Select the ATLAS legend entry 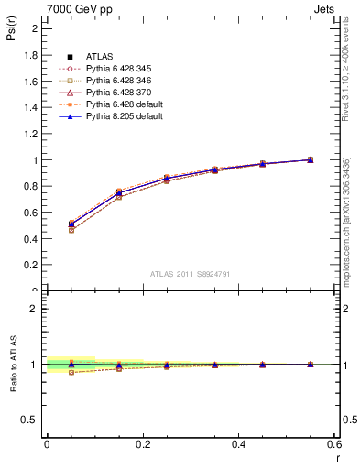point(93,58)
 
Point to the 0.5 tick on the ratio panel point(33,420)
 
